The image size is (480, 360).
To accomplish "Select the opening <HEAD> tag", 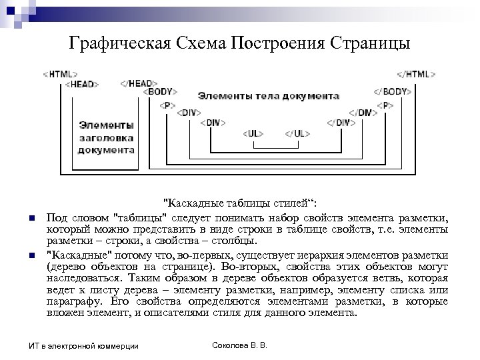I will click(x=83, y=84).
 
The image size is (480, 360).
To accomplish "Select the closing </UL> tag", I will click(x=296, y=133).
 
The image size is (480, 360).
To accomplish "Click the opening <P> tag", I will click(x=166, y=105).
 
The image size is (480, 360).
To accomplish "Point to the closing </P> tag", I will click(x=384, y=105).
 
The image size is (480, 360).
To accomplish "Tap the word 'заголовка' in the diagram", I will click(x=107, y=137).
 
